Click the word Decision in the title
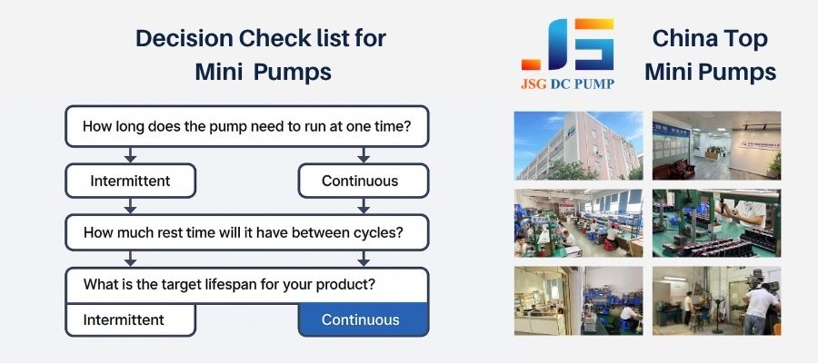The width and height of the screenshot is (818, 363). pos(184,38)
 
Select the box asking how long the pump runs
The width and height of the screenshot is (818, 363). pos(246,126)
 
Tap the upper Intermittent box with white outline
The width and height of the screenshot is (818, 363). pos(130,181)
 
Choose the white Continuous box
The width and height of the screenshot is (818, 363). pos(363,181)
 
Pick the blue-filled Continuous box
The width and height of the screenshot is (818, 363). pos(363,319)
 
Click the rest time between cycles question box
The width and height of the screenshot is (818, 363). pos(246,232)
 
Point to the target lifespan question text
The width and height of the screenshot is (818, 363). pos(230,285)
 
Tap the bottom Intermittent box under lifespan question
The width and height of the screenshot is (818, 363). pos(130,319)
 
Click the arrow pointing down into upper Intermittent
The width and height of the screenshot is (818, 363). pos(130,154)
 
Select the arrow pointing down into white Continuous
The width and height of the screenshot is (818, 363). pos(364,154)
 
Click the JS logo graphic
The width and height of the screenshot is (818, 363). pos(567,44)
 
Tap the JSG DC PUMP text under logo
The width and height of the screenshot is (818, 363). pos(567,83)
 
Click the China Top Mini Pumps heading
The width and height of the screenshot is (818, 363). pos(710,54)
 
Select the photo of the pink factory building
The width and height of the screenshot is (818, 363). pos(579,146)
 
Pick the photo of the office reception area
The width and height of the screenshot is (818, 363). pos(717,146)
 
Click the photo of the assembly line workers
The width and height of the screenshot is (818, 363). pos(579,223)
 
